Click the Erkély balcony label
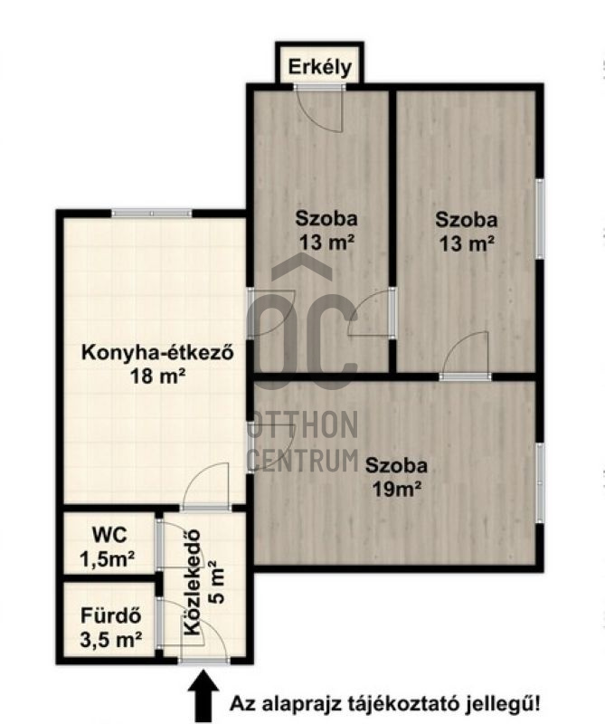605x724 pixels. (x=320, y=67)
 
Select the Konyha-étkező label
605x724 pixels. (x=158, y=353)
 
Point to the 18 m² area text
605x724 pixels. (x=158, y=376)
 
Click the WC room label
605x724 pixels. (x=109, y=536)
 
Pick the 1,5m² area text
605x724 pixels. (x=107, y=559)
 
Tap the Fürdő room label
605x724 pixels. (x=110, y=616)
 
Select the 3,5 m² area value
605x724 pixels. (x=110, y=640)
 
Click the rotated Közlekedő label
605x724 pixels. (x=193, y=582)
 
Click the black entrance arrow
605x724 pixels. (x=203, y=696)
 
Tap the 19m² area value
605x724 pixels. (x=397, y=489)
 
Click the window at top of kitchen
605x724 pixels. (x=151, y=214)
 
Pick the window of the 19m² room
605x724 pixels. (x=540, y=483)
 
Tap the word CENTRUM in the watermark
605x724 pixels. (x=304, y=460)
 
